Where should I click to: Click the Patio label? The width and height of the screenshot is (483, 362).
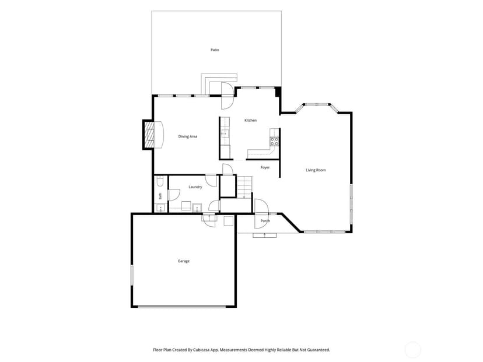click(x=215, y=50)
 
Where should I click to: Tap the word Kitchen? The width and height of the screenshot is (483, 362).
click(x=250, y=120)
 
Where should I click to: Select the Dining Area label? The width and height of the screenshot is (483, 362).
click(x=188, y=136)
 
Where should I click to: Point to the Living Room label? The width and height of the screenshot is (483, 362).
click(x=316, y=170)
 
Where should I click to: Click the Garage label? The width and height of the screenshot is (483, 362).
click(x=184, y=261)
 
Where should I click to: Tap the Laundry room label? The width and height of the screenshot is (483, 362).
click(x=195, y=187)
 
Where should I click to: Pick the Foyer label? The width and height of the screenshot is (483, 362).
click(x=265, y=167)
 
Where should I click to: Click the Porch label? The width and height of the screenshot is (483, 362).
click(x=265, y=221)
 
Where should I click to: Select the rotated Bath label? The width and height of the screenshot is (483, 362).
click(x=160, y=196)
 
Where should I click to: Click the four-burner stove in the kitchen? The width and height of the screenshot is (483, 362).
click(x=275, y=142)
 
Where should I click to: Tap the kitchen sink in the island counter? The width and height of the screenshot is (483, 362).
click(x=225, y=133)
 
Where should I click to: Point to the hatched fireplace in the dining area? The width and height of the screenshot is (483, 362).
click(x=150, y=135)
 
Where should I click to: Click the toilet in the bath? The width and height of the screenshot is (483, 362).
click(x=160, y=181)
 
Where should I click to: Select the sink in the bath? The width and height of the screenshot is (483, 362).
click(x=160, y=208)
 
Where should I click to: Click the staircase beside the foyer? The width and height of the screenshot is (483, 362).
click(x=244, y=187)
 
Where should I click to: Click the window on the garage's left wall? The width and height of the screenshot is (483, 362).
click(x=131, y=275)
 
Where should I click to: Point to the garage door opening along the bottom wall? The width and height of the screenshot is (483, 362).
click(x=182, y=307)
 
